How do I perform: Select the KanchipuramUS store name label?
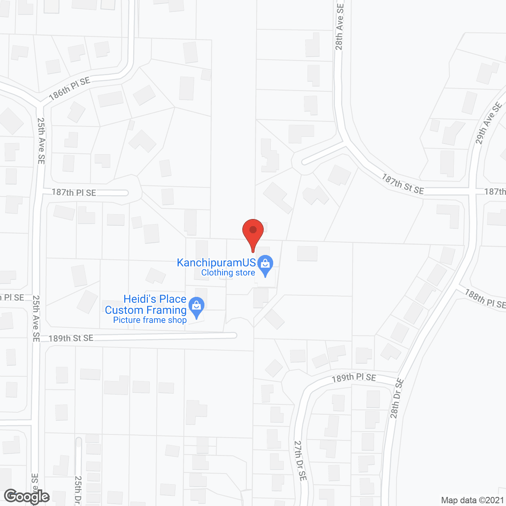click(x=216, y=262)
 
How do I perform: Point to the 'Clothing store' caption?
click(x=228, y=272)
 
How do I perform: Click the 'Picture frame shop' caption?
click(x=150, y=320)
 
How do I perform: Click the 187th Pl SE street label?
click(x=74, y=193)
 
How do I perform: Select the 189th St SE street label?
click(x=71, y=338)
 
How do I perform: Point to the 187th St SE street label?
click(x=402, y=184)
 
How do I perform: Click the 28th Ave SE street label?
click(x=339, y=27)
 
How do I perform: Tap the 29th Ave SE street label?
click(x=489, y=123)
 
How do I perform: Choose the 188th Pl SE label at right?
click(x=485, y=298)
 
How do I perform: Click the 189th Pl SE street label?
click(x=354, y=378)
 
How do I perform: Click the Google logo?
click(x=27, y=497)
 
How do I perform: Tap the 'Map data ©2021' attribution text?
click(x=472, y=500)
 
